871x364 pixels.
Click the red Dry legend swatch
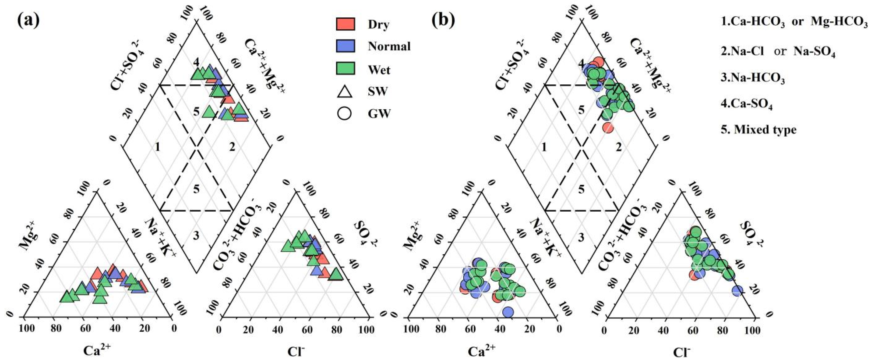tap(345, 24)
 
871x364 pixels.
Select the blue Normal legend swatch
tap(345, 46)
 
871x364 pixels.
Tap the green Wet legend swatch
tap(345, 68)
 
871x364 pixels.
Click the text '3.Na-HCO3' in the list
tap(753, 79)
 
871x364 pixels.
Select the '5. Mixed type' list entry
tap(759, 129)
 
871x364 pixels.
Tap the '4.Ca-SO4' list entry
tap(747, 104)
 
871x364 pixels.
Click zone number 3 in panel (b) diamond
tap(581, 237)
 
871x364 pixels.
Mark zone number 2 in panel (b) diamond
tap(618, 147)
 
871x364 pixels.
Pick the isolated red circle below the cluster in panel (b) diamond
tap(608, 128)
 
